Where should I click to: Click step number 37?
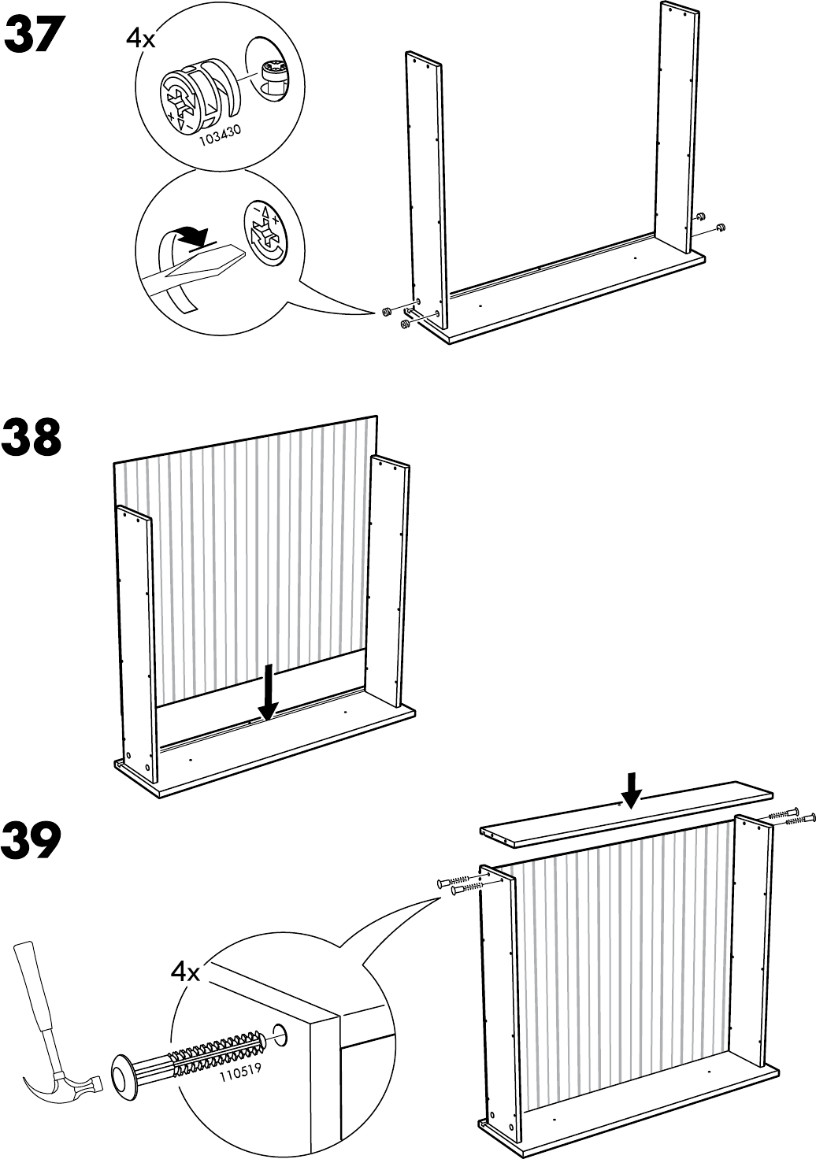(33, 37)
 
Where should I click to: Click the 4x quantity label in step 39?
(186, 972)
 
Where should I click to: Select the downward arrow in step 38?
(268, 693)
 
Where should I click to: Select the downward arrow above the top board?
(630, 789)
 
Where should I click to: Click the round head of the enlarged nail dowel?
(125, 1075)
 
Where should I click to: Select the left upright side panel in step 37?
(425, 189)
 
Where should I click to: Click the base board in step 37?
(567, 295)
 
